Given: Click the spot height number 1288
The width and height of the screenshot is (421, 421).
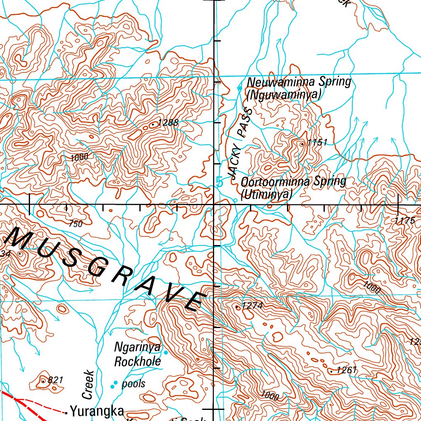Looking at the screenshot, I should point(168,122).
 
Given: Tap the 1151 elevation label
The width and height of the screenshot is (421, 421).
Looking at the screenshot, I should point(317,143).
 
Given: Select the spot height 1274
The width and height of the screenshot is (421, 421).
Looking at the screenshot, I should point(252,306).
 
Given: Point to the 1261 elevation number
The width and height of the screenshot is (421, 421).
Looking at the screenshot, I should point(346,370).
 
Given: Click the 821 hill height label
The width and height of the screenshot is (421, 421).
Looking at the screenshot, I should point(56,380).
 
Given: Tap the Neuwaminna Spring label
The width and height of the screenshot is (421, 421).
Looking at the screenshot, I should point(299,82).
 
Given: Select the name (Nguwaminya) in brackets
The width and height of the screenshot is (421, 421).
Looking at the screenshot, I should point(283,95).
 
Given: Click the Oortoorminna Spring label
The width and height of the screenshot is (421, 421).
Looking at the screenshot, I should point(294,181).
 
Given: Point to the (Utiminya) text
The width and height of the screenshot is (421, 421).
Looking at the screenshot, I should point(266,194).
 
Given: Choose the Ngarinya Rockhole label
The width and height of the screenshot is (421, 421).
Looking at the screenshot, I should point(137,354).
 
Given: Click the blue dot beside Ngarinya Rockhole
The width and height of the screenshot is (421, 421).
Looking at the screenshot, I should point(166,352).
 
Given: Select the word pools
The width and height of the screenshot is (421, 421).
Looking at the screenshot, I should point(134,384).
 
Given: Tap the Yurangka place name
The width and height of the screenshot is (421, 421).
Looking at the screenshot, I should point(97,411).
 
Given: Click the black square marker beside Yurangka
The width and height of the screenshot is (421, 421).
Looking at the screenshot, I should point(66,412).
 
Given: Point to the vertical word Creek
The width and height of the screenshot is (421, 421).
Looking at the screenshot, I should point(89,385).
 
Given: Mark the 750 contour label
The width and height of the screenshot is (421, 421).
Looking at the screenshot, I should point(76,224).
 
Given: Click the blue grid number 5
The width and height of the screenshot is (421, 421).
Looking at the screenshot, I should point(220,182).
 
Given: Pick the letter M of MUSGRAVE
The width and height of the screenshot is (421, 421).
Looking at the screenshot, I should point(20,239).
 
